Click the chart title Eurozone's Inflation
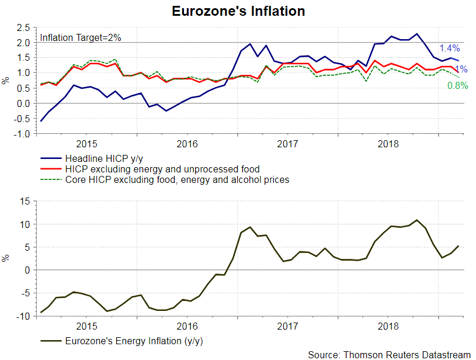click(x=238, y=11)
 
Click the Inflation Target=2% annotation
click(x=80, y=38)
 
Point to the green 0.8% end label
click(x=457, y=85)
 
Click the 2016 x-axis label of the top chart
click(x=186, y=143)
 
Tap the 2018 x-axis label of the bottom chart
click(x=388, y=326)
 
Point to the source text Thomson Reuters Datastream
click(x=389, y=354)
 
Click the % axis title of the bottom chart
click(x=6, y=258)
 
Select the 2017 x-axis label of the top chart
click(x=287, y=143)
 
